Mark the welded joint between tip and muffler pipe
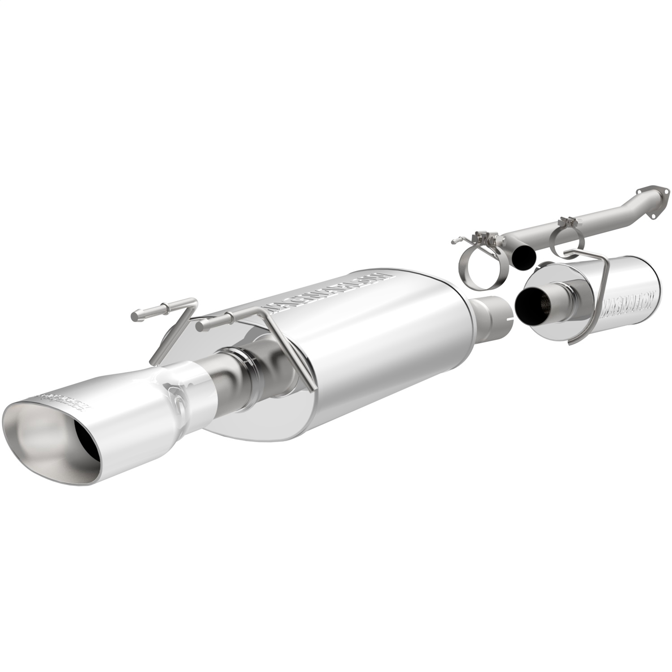211,381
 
